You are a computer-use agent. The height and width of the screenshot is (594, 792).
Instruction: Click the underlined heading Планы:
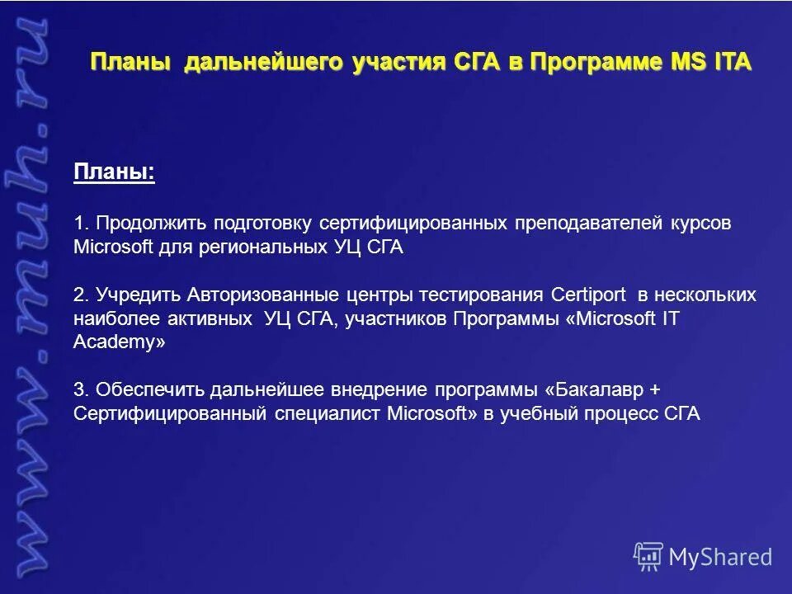115,172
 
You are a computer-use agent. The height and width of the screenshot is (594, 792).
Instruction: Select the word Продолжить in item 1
151,224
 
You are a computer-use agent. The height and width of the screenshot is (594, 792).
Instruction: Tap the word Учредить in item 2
139,295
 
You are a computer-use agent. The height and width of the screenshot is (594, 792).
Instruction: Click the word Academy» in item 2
120,343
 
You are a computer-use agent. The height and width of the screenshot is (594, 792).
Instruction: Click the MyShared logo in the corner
704,557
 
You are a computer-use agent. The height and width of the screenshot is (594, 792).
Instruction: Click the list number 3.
79,390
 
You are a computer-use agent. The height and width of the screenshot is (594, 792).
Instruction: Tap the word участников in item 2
396,319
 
